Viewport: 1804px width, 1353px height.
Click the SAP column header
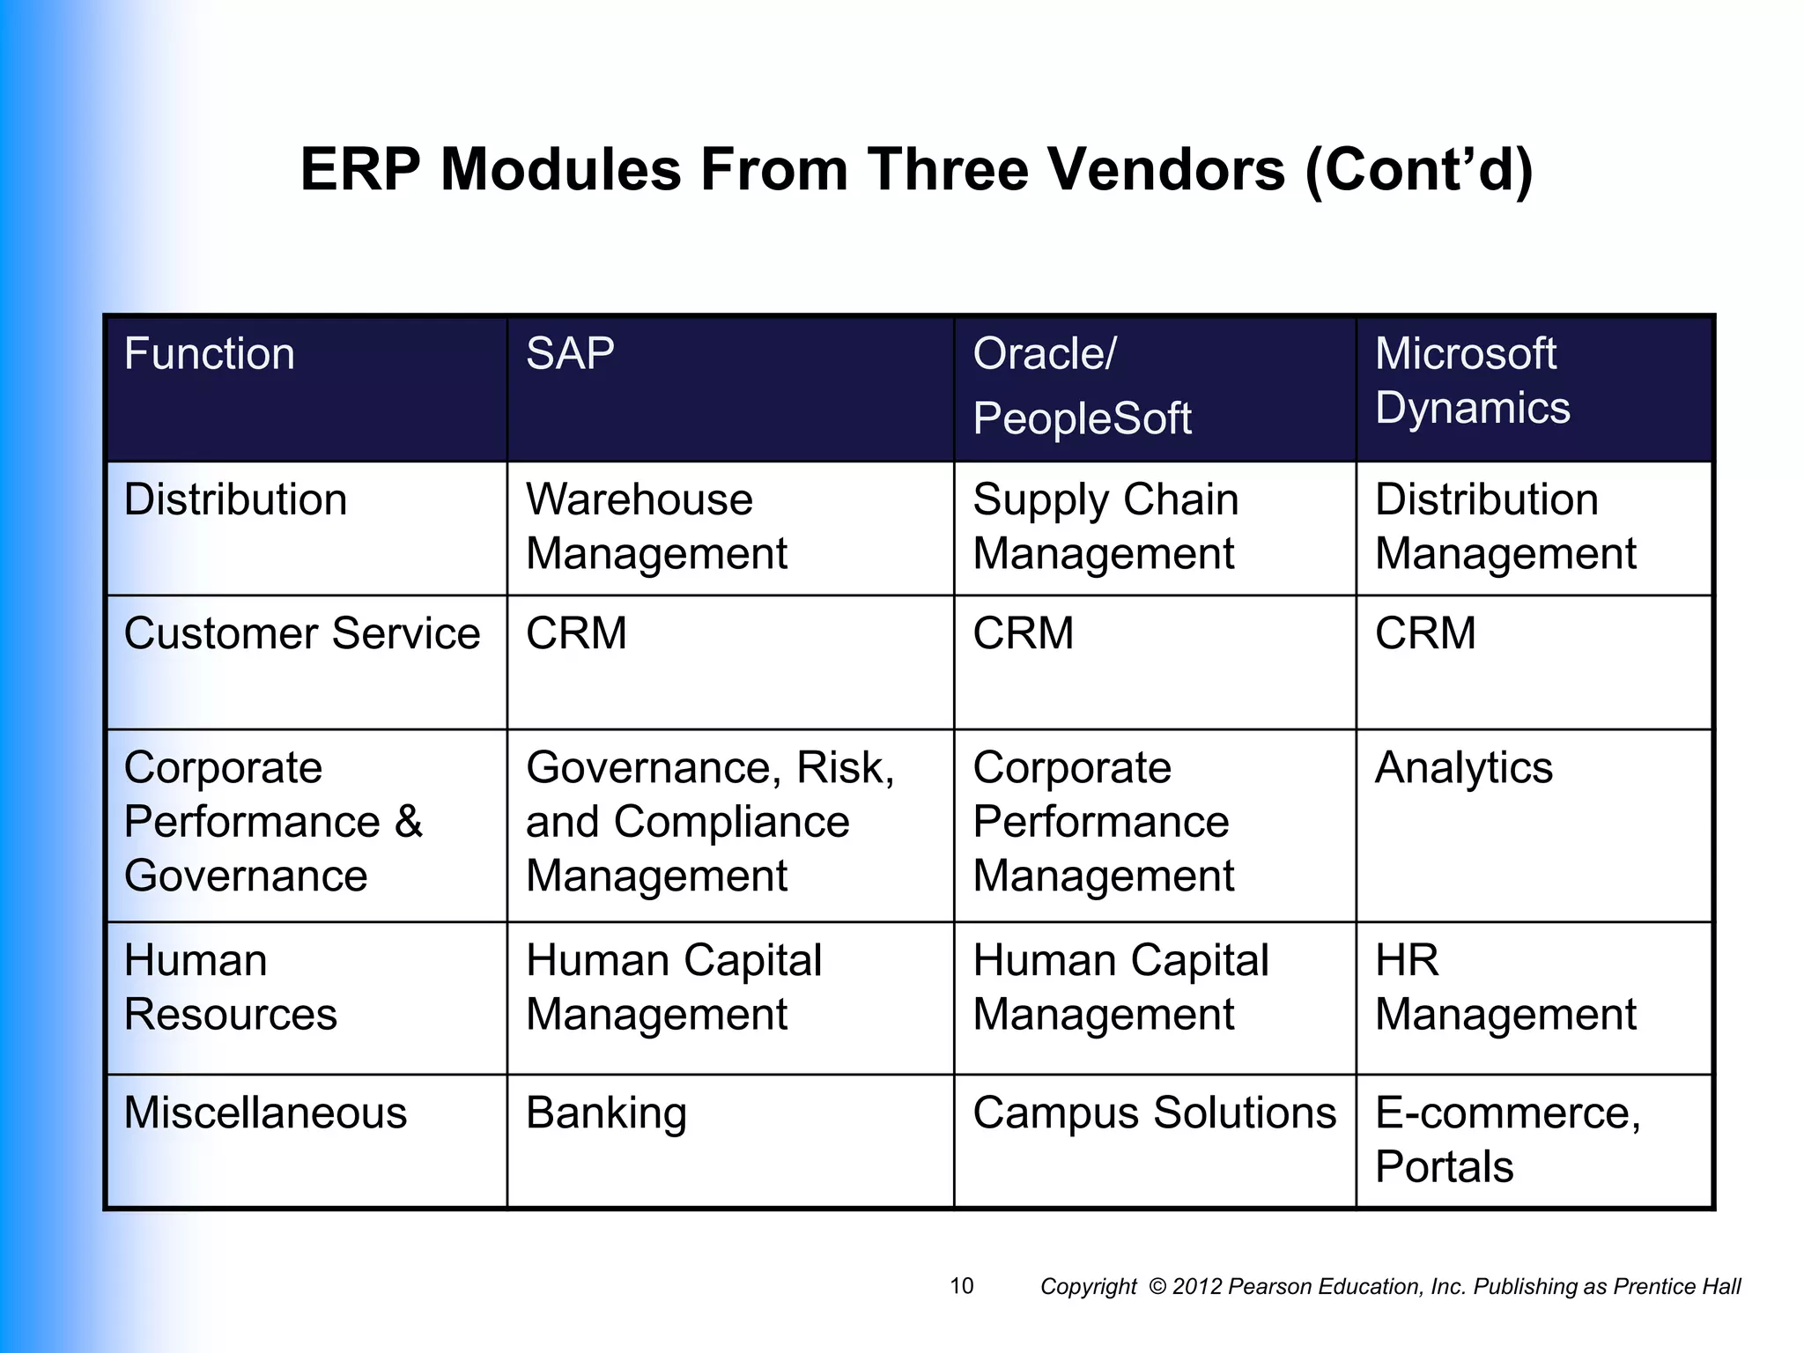coord(570,354)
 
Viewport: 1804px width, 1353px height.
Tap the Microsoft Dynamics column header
coord(1472,381)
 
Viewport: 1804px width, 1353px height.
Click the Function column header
coord(210,354)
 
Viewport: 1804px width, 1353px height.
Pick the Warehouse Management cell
coord(655,527)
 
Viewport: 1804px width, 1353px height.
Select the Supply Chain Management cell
coord(1105,527)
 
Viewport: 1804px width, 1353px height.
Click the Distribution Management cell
coord(1505,527)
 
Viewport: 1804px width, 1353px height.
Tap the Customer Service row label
coord(302,633)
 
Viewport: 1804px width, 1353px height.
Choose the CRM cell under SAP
coord(576,633)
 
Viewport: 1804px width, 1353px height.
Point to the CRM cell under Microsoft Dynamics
coord(1425,633)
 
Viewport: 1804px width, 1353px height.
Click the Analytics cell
coord(1464,767)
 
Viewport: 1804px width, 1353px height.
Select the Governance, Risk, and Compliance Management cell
coord(709,821)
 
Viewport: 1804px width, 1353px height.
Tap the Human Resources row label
coord(230,987)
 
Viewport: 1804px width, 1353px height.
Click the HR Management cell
coord(1505,987)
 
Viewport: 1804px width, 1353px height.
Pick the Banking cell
coord(606,1113)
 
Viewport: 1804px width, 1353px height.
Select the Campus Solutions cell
coord(1154,1113)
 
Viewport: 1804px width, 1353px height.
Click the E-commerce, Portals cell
coord(1506,1139)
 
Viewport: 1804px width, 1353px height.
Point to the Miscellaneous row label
coord(265,1113)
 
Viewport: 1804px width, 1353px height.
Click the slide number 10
coord(961,1286)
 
